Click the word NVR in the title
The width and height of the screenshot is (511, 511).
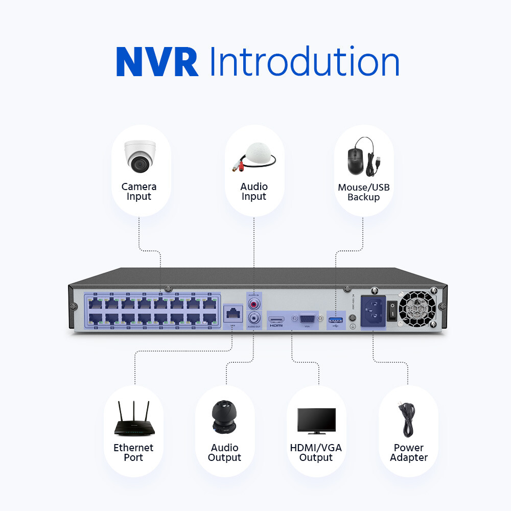tap(157, 62)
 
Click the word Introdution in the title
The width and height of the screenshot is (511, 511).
tap(304, 62)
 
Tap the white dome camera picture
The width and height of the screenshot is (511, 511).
tap(139, 156)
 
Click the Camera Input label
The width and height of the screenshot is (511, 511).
tap(139, 192)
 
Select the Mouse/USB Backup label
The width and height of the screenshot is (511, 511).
tap(363, 192)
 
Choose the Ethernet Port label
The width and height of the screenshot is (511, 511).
tap(133, 452)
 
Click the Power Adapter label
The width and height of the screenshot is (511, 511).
tap(408, 452)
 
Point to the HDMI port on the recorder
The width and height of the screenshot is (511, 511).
tap(276, 319)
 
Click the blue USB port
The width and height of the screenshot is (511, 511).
tap(335, 320)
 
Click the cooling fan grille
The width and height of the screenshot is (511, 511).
tap(417, 310)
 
